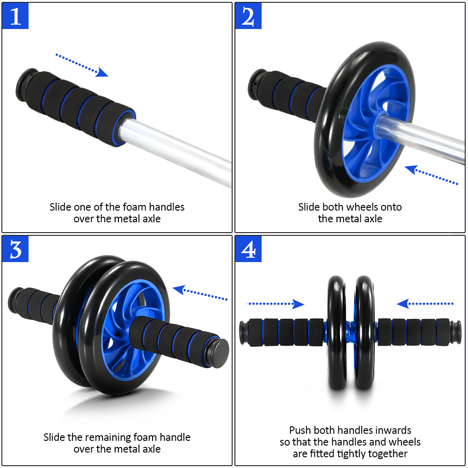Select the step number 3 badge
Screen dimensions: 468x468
[15, 249]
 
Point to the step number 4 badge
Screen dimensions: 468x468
[248, 249]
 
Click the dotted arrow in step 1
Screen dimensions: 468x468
[81, 65]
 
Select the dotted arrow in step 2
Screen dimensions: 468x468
[431, 175]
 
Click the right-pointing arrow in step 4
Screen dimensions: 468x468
[276, 304]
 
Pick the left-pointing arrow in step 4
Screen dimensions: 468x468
[425, 304]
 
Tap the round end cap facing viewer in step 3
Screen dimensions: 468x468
[219, 347]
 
